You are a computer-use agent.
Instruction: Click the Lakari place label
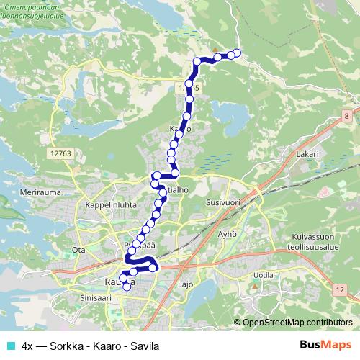(307, 154)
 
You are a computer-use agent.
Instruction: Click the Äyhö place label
(228, 235)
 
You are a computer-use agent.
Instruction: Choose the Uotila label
(263, 275)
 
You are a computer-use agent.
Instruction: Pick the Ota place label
(78, 250)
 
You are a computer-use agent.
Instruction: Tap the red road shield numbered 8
(346, 115)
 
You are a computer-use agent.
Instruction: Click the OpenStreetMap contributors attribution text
(297, 322)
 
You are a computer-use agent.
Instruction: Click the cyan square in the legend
(10, 344)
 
